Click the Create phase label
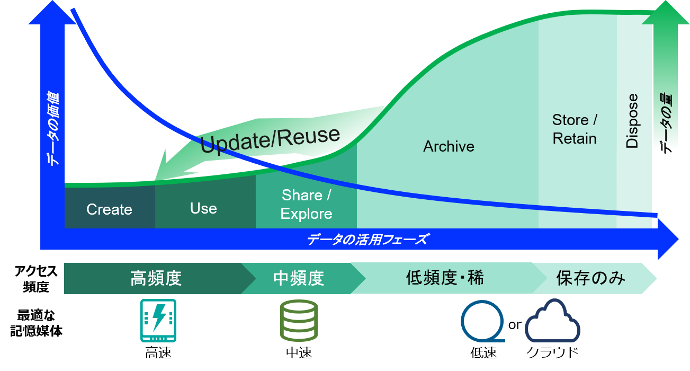tap(109, 209)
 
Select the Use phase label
tap(203, 208)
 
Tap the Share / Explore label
tap(306, 205)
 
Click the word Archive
tap(449, 147)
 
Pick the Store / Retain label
tap(575, 129)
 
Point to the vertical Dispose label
tap(632, 121)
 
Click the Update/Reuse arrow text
tap(270, 139)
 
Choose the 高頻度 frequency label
tap(156, 278)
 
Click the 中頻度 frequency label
tap(299, 278)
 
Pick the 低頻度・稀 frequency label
tap(445, 278)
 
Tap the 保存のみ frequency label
tap(591, 278)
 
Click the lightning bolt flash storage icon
tap(158, 320)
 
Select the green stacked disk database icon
tap(299, 320)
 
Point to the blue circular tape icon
tap(482, 321)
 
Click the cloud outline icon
tap(552, 321)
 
